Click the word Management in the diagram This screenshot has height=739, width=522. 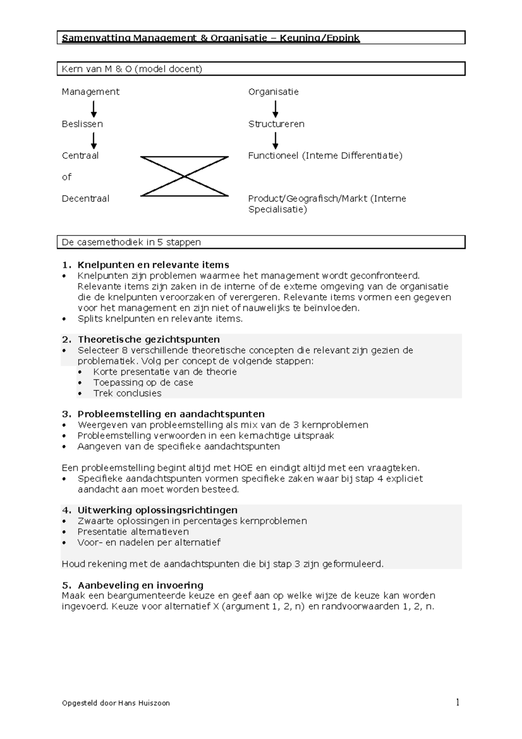pyautogui.click(x=90, y=92)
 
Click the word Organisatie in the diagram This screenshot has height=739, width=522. pyautogui.click(x=273, y=92)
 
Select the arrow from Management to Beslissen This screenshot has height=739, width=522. pyautogui.click(x=94, y=109)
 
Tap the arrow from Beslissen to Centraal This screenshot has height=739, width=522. pyautogui.click(x=94, y=141)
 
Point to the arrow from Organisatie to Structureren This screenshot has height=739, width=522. pyautogui.click(x=275, y=109)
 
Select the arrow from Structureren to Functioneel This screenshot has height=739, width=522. pyautogui.click(x=275, y=141)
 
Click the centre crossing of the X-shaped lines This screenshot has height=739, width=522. pyautogui.click(x=184, y=176)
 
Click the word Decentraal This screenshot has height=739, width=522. pyautogui.click(x=85, y=198)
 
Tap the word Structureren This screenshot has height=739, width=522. pyautogui.click(x=276, y=124)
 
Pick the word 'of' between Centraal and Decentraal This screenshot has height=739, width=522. pyautogui.click(x=66, y=177)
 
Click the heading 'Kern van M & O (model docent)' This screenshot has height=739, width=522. pyautogui.click(x=132, y=69)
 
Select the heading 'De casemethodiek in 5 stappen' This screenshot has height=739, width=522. pyautogui.click(x=131, y=242)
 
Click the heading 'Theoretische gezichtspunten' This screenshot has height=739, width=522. pyautogui.click(x=148, y=339)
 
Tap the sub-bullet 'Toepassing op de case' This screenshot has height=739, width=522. pyautogui.click(x=143, y=383)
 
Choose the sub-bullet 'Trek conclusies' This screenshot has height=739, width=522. pyautogui.click(x=127, y=393)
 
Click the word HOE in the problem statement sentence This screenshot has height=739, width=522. pyautogui.click(x=243, y=468)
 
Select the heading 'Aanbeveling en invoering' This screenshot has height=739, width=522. pyautogui.click(x=140, y=585)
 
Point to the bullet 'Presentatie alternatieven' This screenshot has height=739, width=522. pyautogui.click(x=133, y=532)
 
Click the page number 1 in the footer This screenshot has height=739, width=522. pyautogui.click(x=457, y=702)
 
